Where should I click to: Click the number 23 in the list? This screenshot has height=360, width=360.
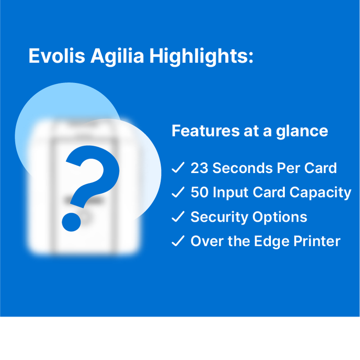[199, 169]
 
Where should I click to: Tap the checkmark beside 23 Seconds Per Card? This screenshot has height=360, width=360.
[178, 169]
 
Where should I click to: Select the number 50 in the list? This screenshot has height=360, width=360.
[199, 193]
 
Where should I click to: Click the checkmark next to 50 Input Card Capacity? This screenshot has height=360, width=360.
[178, 193]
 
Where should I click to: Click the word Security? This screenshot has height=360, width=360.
[219, 217]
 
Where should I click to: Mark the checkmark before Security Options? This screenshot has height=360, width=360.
[178, 217]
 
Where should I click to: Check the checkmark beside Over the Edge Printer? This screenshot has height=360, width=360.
[178, 241]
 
